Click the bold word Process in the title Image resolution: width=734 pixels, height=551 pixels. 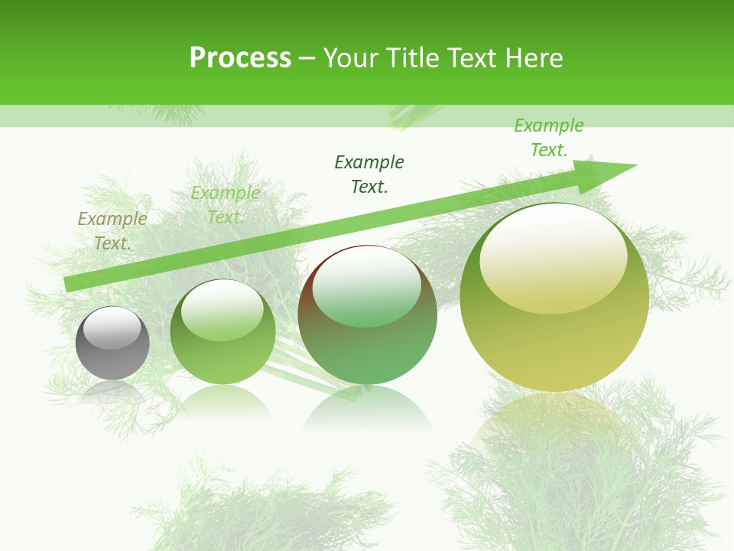[240, 58]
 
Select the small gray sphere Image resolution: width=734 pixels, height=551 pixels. [112, 344]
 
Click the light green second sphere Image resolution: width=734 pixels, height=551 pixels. [222, 333]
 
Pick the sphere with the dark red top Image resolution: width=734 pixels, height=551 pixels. [367, 315]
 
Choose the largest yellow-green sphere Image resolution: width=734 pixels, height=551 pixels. [554, 297]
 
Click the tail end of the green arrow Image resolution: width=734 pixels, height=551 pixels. [67, 284]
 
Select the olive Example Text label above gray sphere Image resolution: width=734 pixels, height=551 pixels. [112, 231]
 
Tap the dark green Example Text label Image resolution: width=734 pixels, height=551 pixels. [369, 174]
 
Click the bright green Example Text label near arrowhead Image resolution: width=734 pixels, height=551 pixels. [548, 138]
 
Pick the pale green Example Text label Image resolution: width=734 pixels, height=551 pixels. [225, 205]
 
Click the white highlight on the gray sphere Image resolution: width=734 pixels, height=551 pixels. [112, 328]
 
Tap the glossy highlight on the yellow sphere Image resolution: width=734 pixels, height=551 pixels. [553, 256]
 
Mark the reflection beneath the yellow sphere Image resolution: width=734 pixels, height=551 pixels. [554, 429]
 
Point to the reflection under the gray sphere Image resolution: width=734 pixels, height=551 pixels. [112, 392]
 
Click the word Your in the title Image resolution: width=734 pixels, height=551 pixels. [349, 58]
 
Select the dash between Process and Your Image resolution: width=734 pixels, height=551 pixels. [307, 59]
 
